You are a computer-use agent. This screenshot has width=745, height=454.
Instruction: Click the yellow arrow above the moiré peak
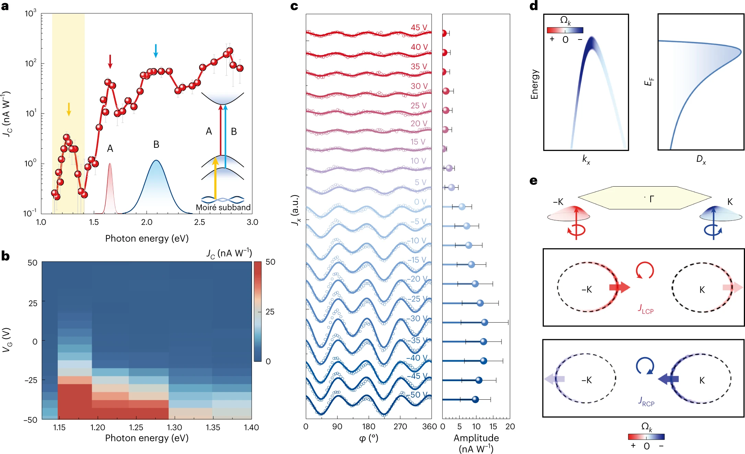[69, 109]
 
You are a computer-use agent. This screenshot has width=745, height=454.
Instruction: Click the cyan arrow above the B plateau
[156, 51]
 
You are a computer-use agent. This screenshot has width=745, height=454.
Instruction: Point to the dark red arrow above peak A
[110, 61]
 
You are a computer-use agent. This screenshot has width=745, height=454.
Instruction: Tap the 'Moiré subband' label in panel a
[223, 208]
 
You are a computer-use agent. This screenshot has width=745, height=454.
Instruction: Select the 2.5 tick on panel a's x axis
[199, 222]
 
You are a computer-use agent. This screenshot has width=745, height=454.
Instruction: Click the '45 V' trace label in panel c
[419, 27]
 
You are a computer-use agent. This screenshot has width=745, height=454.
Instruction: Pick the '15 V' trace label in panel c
[418, 142]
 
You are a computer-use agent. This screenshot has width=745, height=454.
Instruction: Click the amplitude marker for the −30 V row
[484, 322]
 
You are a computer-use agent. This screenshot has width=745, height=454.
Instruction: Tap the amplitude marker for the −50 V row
[475, 399]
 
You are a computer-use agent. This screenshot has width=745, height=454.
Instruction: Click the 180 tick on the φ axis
[368, 427]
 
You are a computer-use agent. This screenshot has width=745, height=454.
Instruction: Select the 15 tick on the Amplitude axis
[493, 427]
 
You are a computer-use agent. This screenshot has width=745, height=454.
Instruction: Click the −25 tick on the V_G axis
[31, 380]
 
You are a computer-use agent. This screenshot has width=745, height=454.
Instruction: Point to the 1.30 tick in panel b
[174, 428]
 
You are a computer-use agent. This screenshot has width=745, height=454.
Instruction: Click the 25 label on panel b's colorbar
[270, 312]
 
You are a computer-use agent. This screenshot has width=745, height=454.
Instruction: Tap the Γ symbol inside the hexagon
[652, 199]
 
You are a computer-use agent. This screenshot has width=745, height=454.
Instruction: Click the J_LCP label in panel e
[646, 309]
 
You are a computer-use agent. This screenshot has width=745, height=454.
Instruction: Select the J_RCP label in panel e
[646, 401]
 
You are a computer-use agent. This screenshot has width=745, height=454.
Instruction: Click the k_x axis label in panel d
[586, 159]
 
